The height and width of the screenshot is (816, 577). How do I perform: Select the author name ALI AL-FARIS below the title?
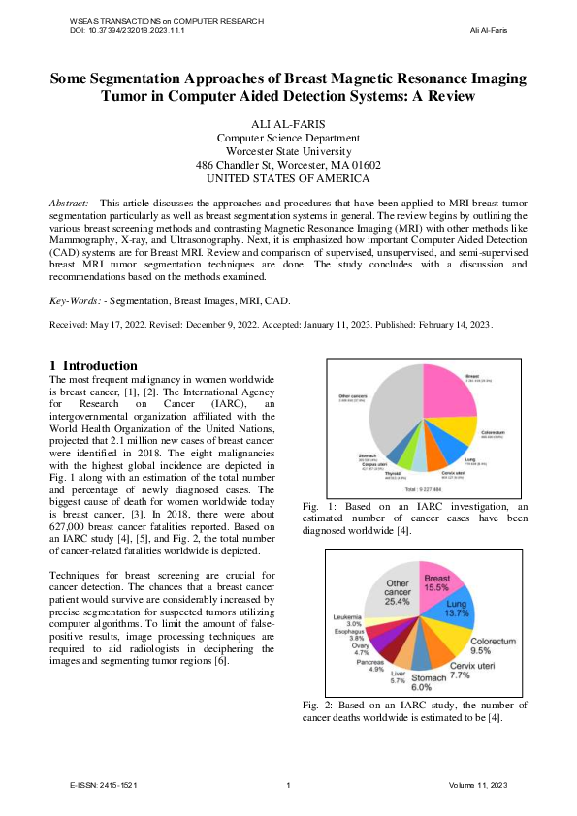click(288, 125)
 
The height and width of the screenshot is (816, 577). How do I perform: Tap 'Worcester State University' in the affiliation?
click(288, 151)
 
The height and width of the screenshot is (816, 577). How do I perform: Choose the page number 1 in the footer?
click(289, 784)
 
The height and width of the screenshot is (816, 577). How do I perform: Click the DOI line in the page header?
click(128, 30)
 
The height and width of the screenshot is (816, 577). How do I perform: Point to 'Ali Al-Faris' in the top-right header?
click(488, 30)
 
